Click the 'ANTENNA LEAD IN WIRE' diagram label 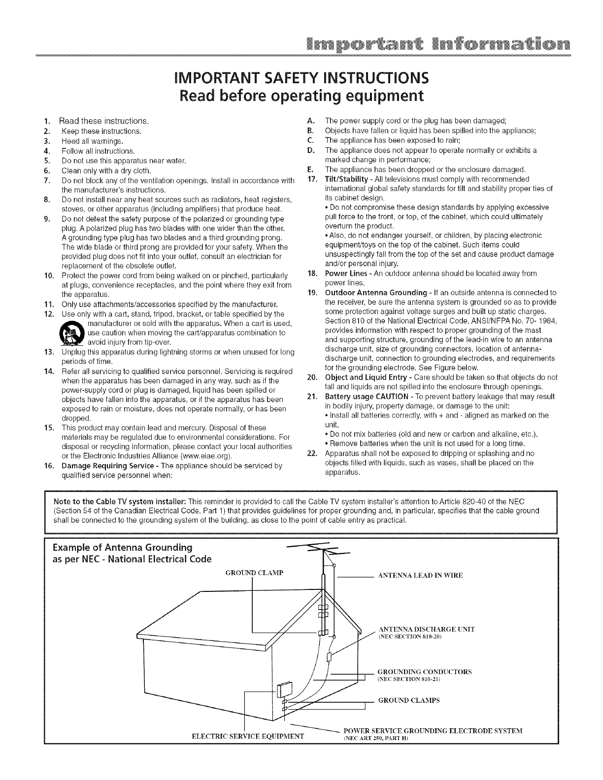pyautogui.click(x=420, y=575)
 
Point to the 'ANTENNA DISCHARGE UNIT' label pyautogui.click(x=427, y=629)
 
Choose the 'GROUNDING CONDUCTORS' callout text pyautogui.click(x=424, y=672)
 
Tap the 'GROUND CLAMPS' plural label pyautogui.click(x=408, y=700)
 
